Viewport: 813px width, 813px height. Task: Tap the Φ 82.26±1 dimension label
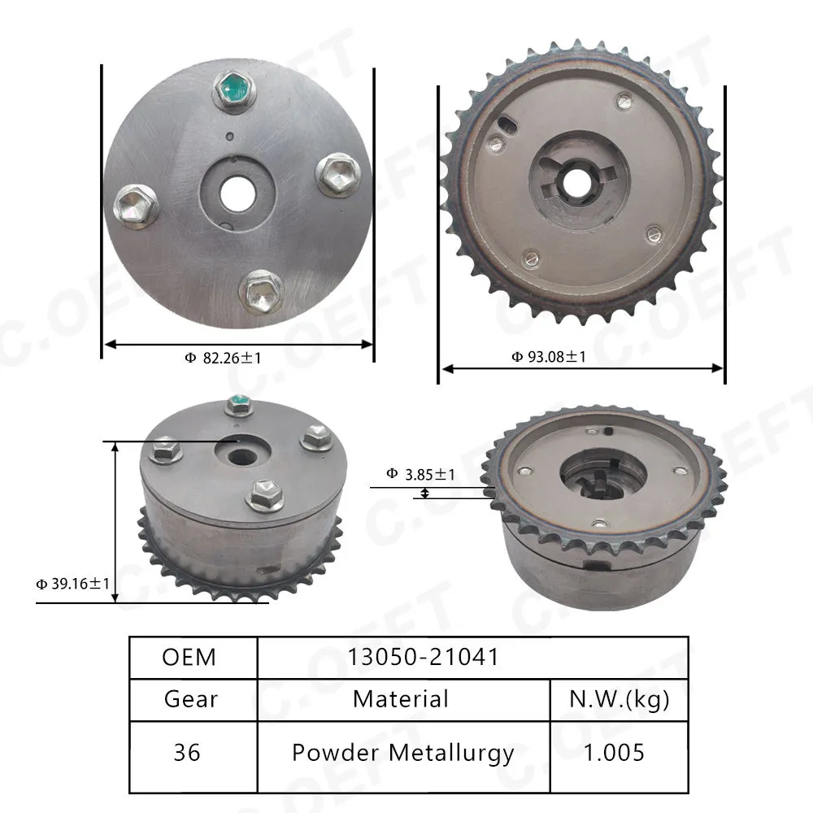(x=223, y=358)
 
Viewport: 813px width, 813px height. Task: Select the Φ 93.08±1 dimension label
(x=549, y=357)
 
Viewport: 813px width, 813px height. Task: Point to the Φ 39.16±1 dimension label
(x=73, y=584)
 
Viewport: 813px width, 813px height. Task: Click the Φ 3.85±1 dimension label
(x=420, y=475)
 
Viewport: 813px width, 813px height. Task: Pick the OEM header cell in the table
(x=189, y=657)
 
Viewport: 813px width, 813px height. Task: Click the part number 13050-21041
(x=423, y=656)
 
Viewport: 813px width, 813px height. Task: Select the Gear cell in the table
(x=191, y=699)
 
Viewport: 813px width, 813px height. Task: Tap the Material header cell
(x=401, y=699)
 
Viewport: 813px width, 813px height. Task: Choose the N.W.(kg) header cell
(x=619, y=699)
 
